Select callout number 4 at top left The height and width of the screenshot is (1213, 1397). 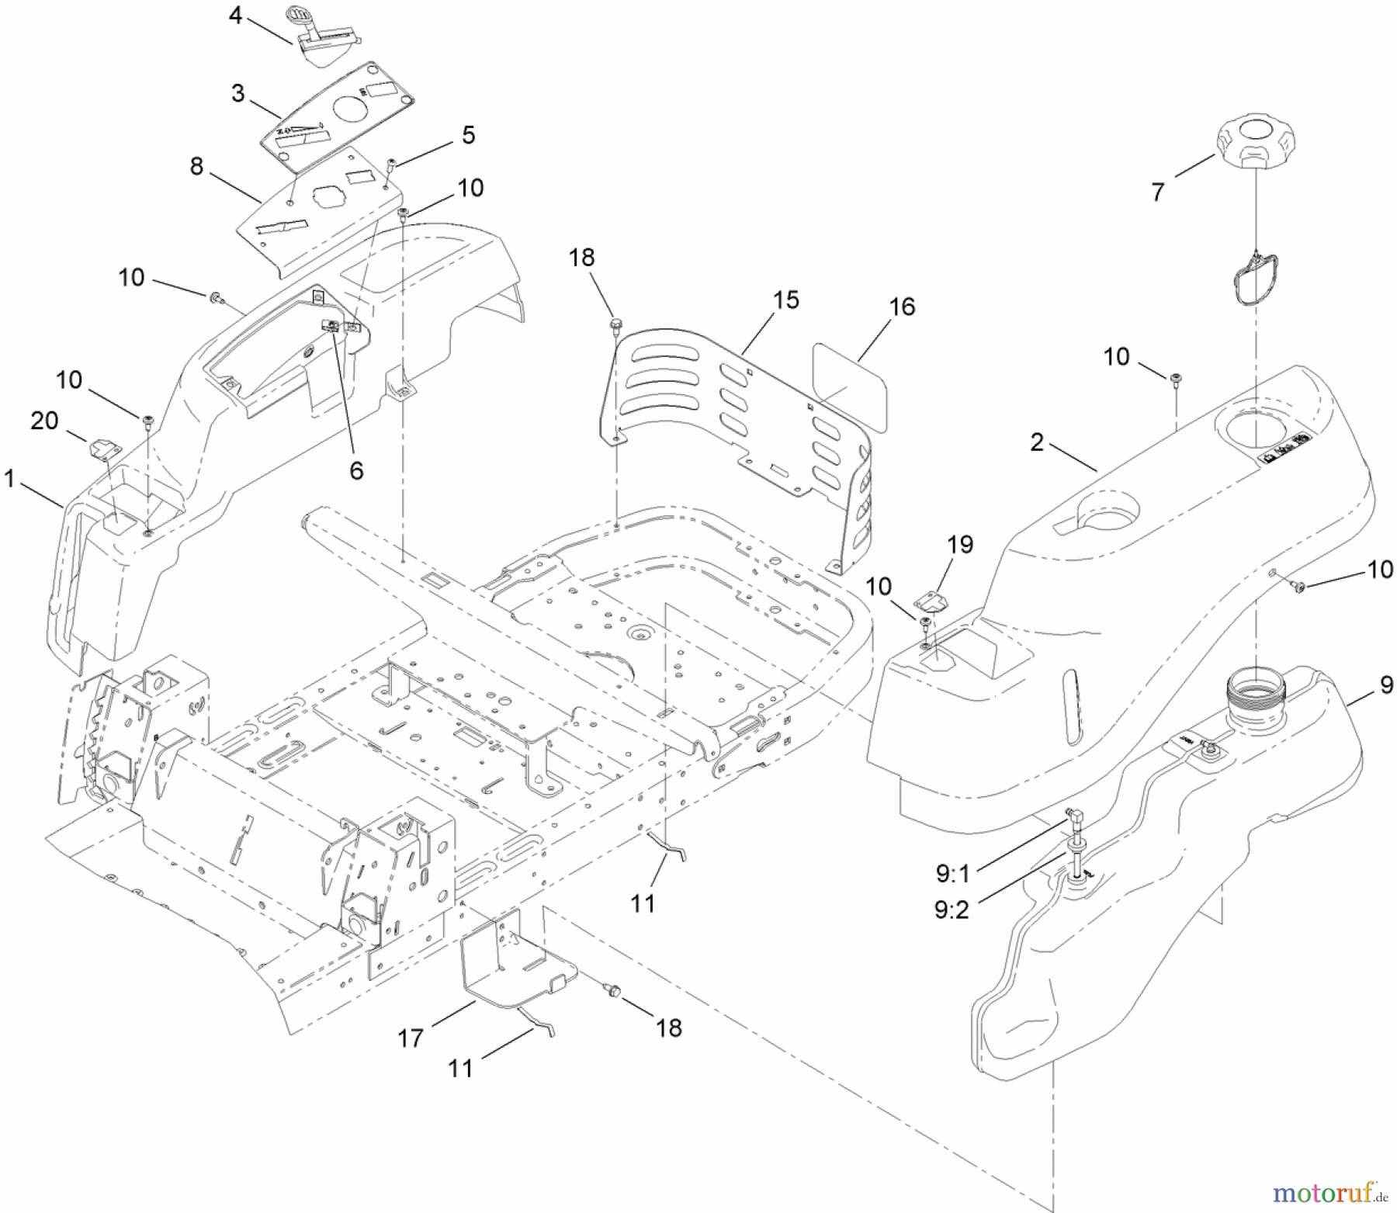(236, 15)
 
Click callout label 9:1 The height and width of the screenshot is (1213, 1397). (952, 874)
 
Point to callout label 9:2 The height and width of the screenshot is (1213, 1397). (952, 910)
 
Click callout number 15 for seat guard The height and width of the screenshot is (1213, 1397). (786, 300)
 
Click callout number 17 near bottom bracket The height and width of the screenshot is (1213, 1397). (411, 1038)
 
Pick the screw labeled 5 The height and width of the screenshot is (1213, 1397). (393, 163)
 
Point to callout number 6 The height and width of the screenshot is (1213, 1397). (356, 470)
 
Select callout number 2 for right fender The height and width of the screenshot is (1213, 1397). (1037, 442)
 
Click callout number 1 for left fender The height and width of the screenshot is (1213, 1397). (9, 480)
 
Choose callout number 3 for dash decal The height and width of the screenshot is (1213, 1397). (237, 93)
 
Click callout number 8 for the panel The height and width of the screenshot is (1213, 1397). (196, 166)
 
